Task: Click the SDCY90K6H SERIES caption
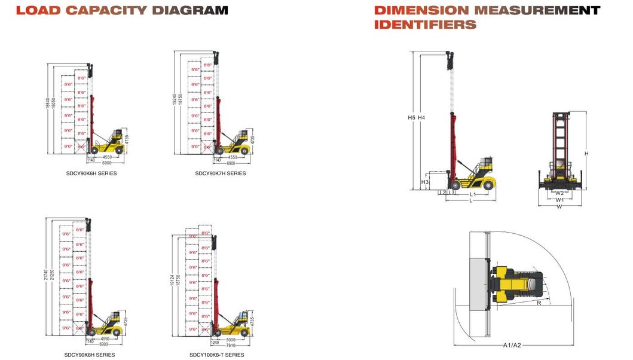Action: pos(91,173)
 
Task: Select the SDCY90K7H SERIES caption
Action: pos(220,173)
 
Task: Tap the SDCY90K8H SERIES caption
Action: pos(90,355)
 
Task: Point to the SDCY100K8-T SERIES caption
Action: pos(217,355)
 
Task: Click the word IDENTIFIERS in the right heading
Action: pos(425,25)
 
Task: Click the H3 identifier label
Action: pos(425,182)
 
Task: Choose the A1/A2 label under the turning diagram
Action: pos(512,345)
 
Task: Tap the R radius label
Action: pos(539,303)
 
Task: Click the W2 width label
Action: pos(559,193)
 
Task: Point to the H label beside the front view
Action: pos(586,154)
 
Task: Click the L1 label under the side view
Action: pos(472,194)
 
